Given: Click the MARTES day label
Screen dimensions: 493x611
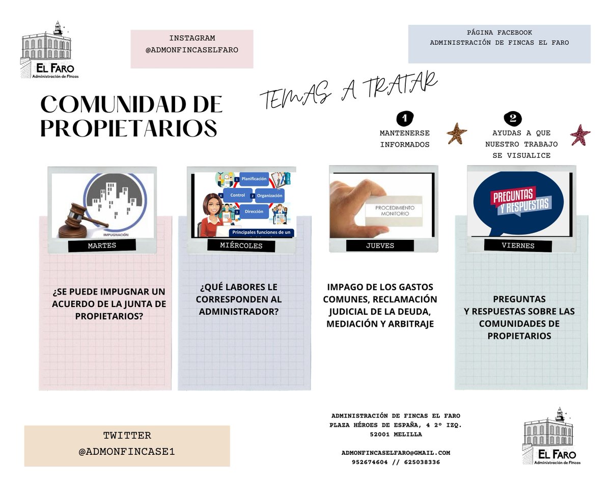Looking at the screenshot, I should (102, 245).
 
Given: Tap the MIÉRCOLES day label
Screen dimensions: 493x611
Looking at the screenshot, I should (241, 245).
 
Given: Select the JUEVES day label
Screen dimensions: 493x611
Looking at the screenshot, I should (380, 245).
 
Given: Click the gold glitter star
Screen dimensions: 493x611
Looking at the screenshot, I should (457, 134).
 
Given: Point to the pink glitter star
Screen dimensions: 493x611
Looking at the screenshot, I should (580, 135).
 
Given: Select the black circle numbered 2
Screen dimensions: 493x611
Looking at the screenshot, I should (512, 119).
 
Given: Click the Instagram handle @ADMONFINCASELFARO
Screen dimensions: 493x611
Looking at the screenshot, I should (191, 50).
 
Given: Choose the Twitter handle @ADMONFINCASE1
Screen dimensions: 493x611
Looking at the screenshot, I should (127, 451).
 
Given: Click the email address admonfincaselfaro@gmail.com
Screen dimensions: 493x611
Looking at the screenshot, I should (396, 452).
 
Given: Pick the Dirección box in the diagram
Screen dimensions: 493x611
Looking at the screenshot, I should (254, 210).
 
